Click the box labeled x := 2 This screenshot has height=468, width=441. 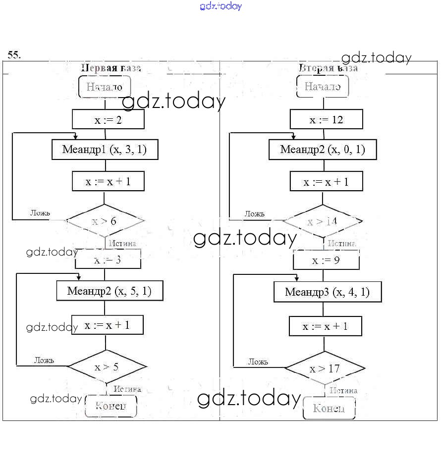pyautogui.click(x=108, y=119)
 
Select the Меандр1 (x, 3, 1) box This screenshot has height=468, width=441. pyautogui.click(x=105, y=149)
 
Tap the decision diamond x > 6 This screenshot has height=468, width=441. pyautogui.click(x=105, y=221)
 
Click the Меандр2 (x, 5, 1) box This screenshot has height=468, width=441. pyautogui.click(x=109, y=291)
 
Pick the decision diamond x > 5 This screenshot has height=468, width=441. pyautogui.click(x=107, y=367)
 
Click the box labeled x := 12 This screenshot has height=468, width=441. pyautogui.click(x=326, y=119)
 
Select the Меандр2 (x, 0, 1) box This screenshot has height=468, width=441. pyautogui.click(x=323, y=149)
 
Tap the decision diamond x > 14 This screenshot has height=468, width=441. pyautogui.click(x=322, y=221)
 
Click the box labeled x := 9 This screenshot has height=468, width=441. pyautogui.click(x=326, y=260)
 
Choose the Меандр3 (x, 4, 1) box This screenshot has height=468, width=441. pyautogui.click(x=328, y=292)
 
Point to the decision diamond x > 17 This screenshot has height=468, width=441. pyautogui.click(x=325, y=368)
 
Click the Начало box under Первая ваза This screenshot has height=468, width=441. pyautogui.click(x=105, y=87)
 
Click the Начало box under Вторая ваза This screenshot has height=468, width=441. pyautogui.click(x=323, y=87)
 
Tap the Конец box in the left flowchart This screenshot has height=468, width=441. pyautogui.click(x=110, y=407)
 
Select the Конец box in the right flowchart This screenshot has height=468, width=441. pyautogui.click(x=329, y=408)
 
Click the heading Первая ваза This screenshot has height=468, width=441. pyautogui.click(x=111, y=68)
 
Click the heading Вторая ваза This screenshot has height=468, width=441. pyautogui.click(x=328, y=68)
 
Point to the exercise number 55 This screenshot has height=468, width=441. pyautogui.click(x=14, y=54)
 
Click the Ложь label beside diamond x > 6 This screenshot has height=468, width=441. pyautogui.click(x=40, y=212)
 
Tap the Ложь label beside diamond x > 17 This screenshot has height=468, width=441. pyautogui.click(x=258, y=362)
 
